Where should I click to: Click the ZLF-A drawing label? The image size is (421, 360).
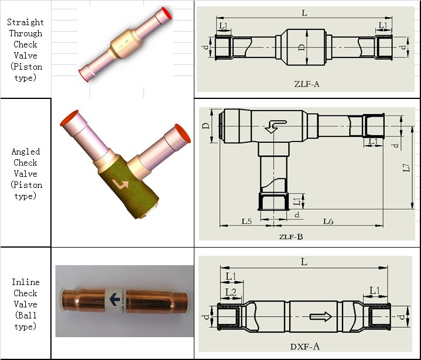[x=307, y=84]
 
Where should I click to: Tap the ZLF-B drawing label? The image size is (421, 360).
[x=291, y=236]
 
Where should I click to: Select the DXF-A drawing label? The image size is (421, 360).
[x=305, y=347]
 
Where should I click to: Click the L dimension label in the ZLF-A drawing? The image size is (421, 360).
[x=304, y=13]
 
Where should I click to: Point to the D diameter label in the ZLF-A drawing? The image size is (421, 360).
[x=302, y=47]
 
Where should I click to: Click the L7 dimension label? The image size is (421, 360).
[x=406, y=168]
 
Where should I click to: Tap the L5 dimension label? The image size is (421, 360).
[x=247, y=221]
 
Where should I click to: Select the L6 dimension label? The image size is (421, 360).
[x=328, y=221]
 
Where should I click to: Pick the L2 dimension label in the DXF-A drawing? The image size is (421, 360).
[x=231, y=292]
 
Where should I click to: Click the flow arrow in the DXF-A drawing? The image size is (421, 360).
[x=321, y=317]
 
